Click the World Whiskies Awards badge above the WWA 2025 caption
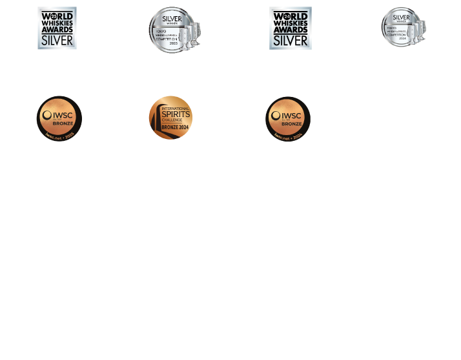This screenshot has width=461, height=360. pyautogui.click(x=57, y=28)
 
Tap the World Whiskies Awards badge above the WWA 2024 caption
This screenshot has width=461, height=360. pyautogui.click(x=289, y=28)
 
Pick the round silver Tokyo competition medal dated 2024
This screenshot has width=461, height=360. pyautogui.click(x=402, y=27)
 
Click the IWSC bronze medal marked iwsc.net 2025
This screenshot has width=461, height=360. pyautogui.click(x=59, y=118)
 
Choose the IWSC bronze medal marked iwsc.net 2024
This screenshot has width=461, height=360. pyautogui.click(x=288, y=118)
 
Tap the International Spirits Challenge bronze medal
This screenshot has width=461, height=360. pyautogui.click(x=170, y=117)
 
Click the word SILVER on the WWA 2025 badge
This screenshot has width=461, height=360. pyautogui.click(x=57, y=41)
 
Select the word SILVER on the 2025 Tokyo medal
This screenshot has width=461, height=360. pyautogui.click(x=172, y=20)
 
